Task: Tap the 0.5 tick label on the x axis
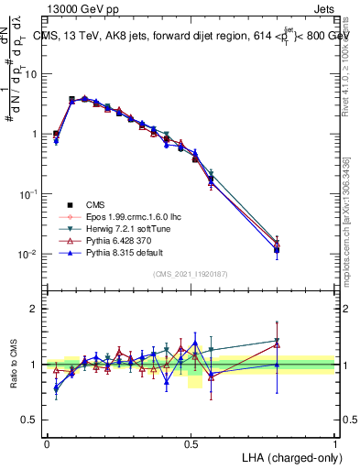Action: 191,443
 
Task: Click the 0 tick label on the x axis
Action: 47,443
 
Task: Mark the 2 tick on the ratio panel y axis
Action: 35,309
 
